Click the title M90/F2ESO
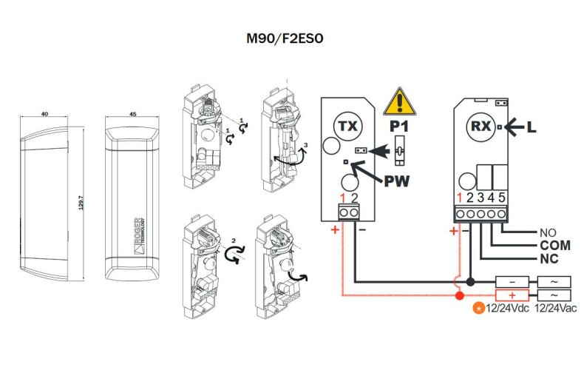pyautogui.click(x=285, y=38)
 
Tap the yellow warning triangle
pyautogui.click(x=400, y=102)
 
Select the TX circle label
pyautogui.click(x=348, y=126)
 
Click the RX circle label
pyautogui.click(x=481, y=127)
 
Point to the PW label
pyautogui.click(x=397, y=181)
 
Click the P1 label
pyautogui.click(x=399, y=127)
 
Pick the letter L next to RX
pyautogui.click(x=532, y=127)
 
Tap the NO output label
pyautogui.click(x=548, y=232)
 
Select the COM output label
pyautogui.click(x=555, y=246)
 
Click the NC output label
pyautogui.click(x=549, y=258)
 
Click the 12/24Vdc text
pyautogui.click(x=507, y=309)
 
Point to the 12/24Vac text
pyautogui.click(x=555, y=309)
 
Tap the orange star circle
pyautogui.click(x=478, y=309)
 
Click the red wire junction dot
pyautogui.click(x=460, y=296)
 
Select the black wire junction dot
pyautogui.click(x=471, y=281)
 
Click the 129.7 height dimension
pyautogui.click(x=81, y=202)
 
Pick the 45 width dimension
pyautogui.click(x=132, y=114)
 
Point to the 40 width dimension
pyautogui.click(x=44, y=113)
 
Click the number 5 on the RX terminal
pyautogui.click(x=502, y=198)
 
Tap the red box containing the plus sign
pyautogui.click(x=512, y=295)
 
